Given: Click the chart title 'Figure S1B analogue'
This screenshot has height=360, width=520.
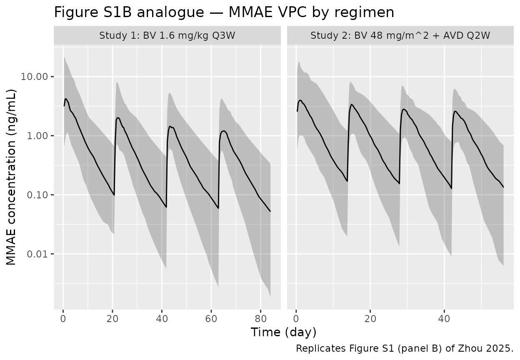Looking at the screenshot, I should tap(224, 12).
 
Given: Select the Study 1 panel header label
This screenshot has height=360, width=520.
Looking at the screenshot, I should tap(167, 36).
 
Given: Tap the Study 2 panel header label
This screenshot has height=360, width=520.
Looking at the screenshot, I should tap(400, 36).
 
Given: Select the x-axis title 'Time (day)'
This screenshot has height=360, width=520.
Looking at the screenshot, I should tap(283, 332).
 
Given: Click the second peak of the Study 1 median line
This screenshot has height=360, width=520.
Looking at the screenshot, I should tap(118, 117).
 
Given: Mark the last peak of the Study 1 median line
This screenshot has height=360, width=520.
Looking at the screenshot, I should tap(224, 131).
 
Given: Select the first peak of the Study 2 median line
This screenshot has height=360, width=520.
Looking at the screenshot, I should tap(300, 100).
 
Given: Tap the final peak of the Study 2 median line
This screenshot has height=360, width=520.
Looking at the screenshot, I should tap(455, 111).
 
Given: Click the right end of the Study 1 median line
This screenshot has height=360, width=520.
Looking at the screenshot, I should tap(270, 211).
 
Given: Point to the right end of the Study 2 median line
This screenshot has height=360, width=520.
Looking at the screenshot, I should tap(503, 187).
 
